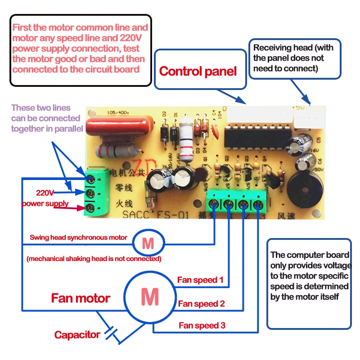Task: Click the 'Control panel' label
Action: point(198,71)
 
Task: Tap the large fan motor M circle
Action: point(149,297)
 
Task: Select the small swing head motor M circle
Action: point(148,243)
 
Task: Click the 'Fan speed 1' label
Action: point(200,280)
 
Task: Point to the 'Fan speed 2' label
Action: point(201,304)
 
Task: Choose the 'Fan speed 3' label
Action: point(202,325)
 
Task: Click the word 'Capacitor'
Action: point(77,335)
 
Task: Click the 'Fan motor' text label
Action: point(81,298)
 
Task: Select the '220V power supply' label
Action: point(45,198)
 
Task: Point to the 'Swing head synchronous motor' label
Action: point(78,237)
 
